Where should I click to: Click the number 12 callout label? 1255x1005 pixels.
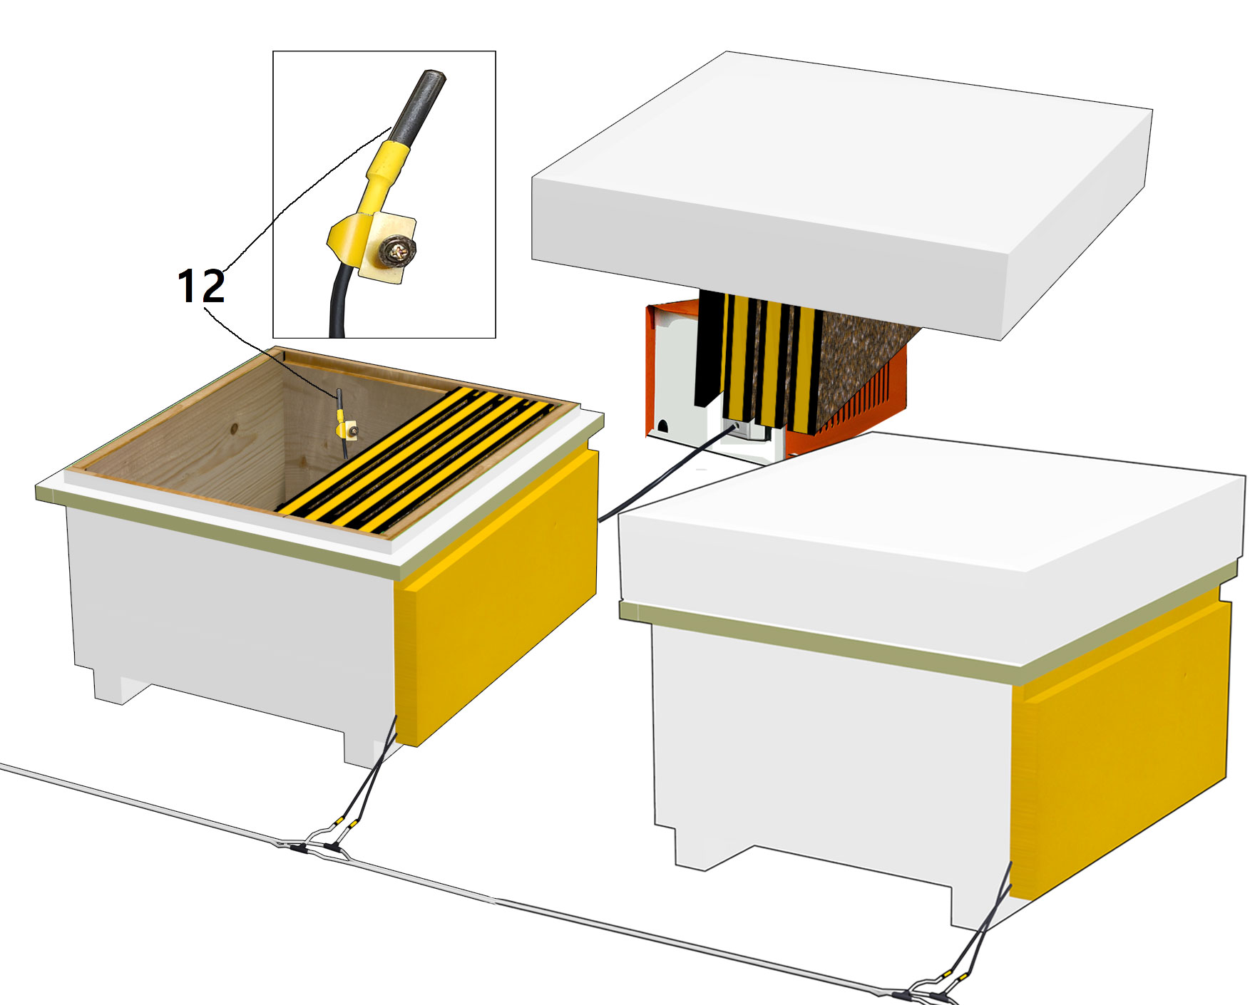[x=201, y=287]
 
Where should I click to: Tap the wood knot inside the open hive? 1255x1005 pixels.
[x=234, y=429]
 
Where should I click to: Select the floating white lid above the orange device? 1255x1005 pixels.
[x=841, y=192]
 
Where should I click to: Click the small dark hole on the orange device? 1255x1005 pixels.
[x=662, y=426]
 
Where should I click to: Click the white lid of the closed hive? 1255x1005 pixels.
[x=931, y=531]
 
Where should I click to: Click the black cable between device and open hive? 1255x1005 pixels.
[x=667, y=474]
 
